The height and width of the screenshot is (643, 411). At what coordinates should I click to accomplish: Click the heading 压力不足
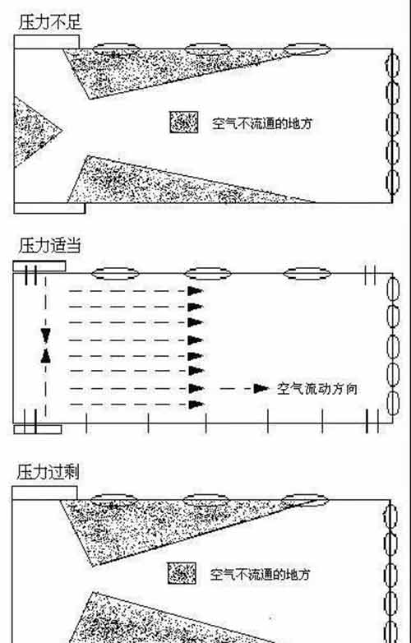point(50,22)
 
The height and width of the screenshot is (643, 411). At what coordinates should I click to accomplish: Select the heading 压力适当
point(49,246)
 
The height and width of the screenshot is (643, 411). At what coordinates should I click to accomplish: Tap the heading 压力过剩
point(48,472)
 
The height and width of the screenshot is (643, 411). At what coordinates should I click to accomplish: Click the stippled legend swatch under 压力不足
point(184,123)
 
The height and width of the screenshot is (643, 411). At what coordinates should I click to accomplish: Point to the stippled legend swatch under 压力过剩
point(182,573)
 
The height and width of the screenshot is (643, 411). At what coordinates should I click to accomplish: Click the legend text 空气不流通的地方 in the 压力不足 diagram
point(262,123)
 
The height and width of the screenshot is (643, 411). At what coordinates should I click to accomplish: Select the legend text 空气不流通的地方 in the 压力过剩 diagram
point(261,574)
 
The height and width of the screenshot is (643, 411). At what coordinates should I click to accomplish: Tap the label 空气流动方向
point(316,389)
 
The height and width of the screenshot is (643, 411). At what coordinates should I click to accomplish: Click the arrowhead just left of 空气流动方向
point(261,388)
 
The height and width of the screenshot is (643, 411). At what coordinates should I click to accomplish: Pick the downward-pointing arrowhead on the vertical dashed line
point(46,336)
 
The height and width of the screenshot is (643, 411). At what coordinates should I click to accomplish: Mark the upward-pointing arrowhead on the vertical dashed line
point(46,356)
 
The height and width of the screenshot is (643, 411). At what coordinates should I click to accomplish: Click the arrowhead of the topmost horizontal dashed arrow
point(196,291)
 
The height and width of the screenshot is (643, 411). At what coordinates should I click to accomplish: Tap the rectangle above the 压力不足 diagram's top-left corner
point(47,42)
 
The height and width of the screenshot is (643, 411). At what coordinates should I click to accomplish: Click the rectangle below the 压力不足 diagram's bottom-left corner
point(49,208)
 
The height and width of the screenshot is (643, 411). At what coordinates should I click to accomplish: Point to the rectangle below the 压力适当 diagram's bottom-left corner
point(38,429)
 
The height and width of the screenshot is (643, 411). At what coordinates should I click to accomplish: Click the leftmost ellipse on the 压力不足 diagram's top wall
point(116,49)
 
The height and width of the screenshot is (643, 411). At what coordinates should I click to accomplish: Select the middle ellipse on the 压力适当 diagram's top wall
point(208,273)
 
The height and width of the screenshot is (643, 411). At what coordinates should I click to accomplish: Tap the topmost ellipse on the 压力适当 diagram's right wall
point(393,289)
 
